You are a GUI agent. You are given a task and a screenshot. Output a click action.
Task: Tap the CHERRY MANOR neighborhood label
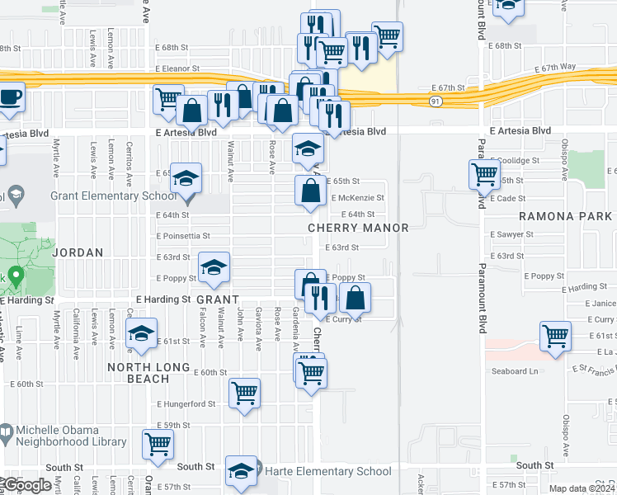(358, 228)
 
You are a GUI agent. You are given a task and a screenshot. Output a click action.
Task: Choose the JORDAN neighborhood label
(78, 252)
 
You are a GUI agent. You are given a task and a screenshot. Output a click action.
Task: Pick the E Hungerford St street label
(186, 404)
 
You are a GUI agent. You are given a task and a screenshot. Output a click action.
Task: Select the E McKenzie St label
(357, 198)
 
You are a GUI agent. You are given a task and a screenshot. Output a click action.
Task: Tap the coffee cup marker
(11, 97)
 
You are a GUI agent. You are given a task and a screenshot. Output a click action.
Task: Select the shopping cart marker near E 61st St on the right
(556, 336)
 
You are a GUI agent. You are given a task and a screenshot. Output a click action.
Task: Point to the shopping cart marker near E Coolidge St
(483, 174)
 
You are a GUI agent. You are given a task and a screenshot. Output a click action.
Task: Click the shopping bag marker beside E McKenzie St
(309, 191)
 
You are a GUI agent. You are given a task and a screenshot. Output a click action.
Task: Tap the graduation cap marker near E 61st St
(141, 333)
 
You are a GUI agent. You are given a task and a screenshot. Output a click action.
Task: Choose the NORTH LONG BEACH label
(149, 373)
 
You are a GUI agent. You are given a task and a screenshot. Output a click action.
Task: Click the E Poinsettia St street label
(183, 235)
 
